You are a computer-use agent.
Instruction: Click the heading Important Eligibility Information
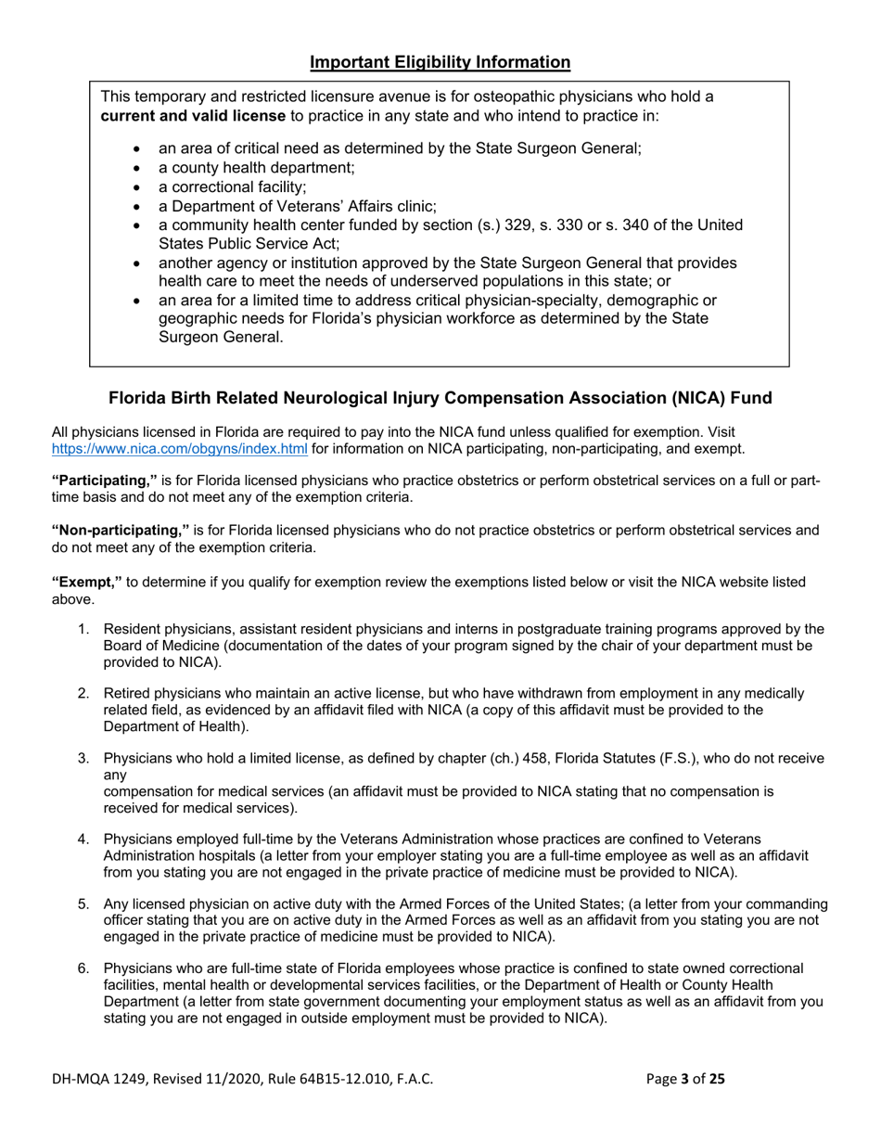(440, 62)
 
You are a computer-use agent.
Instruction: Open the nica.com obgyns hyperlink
(180, 449)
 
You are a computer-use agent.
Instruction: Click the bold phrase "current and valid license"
(193, 116)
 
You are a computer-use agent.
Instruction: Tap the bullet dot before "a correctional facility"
(138, 187)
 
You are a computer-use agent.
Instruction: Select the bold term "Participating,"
(105, 481)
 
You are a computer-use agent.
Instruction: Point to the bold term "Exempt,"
(86, 582)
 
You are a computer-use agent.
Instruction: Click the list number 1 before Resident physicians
(83, 630)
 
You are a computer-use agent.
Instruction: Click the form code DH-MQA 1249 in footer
(97, 1079)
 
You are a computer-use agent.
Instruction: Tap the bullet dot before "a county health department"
(138, 169)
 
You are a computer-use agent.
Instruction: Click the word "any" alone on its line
(115, 775)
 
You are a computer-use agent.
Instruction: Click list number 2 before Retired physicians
(83, 694)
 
